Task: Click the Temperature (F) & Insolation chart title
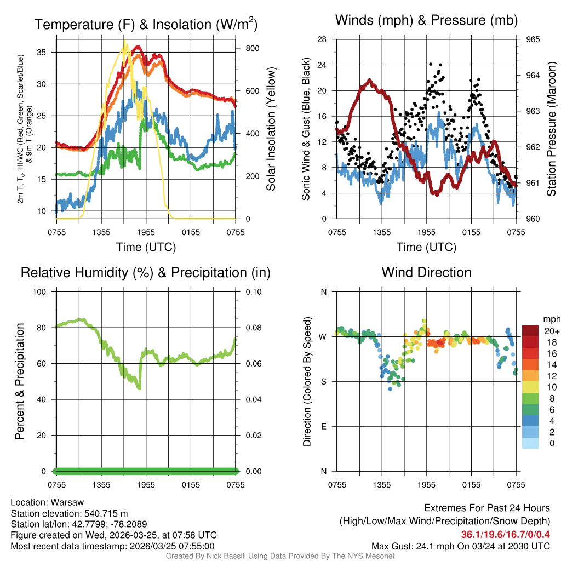click(x=146, y=25)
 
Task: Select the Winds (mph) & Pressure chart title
click(x=427, y=20)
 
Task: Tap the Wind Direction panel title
click(x=426, y=272)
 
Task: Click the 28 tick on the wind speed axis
click(x=322, y=39)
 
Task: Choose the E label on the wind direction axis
click(x=324, y=426)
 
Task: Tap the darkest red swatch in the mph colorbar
click(x=530, y=331)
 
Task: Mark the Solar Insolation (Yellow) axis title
click(x=271, y=129)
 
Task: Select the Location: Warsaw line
click(x=47, y=502)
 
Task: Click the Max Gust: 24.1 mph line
click(x=460, y=546)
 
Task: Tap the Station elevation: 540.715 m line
click(x=69, y=513)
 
